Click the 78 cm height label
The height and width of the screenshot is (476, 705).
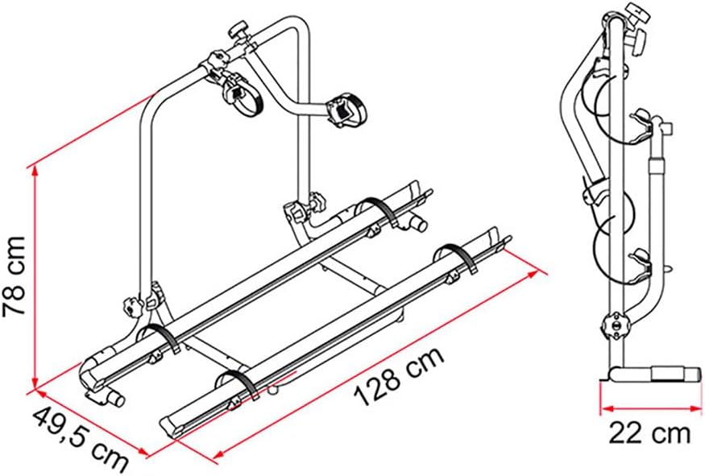point(15,277)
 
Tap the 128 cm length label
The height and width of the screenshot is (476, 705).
point(399,378)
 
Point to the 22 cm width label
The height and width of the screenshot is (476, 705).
point(649,434)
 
